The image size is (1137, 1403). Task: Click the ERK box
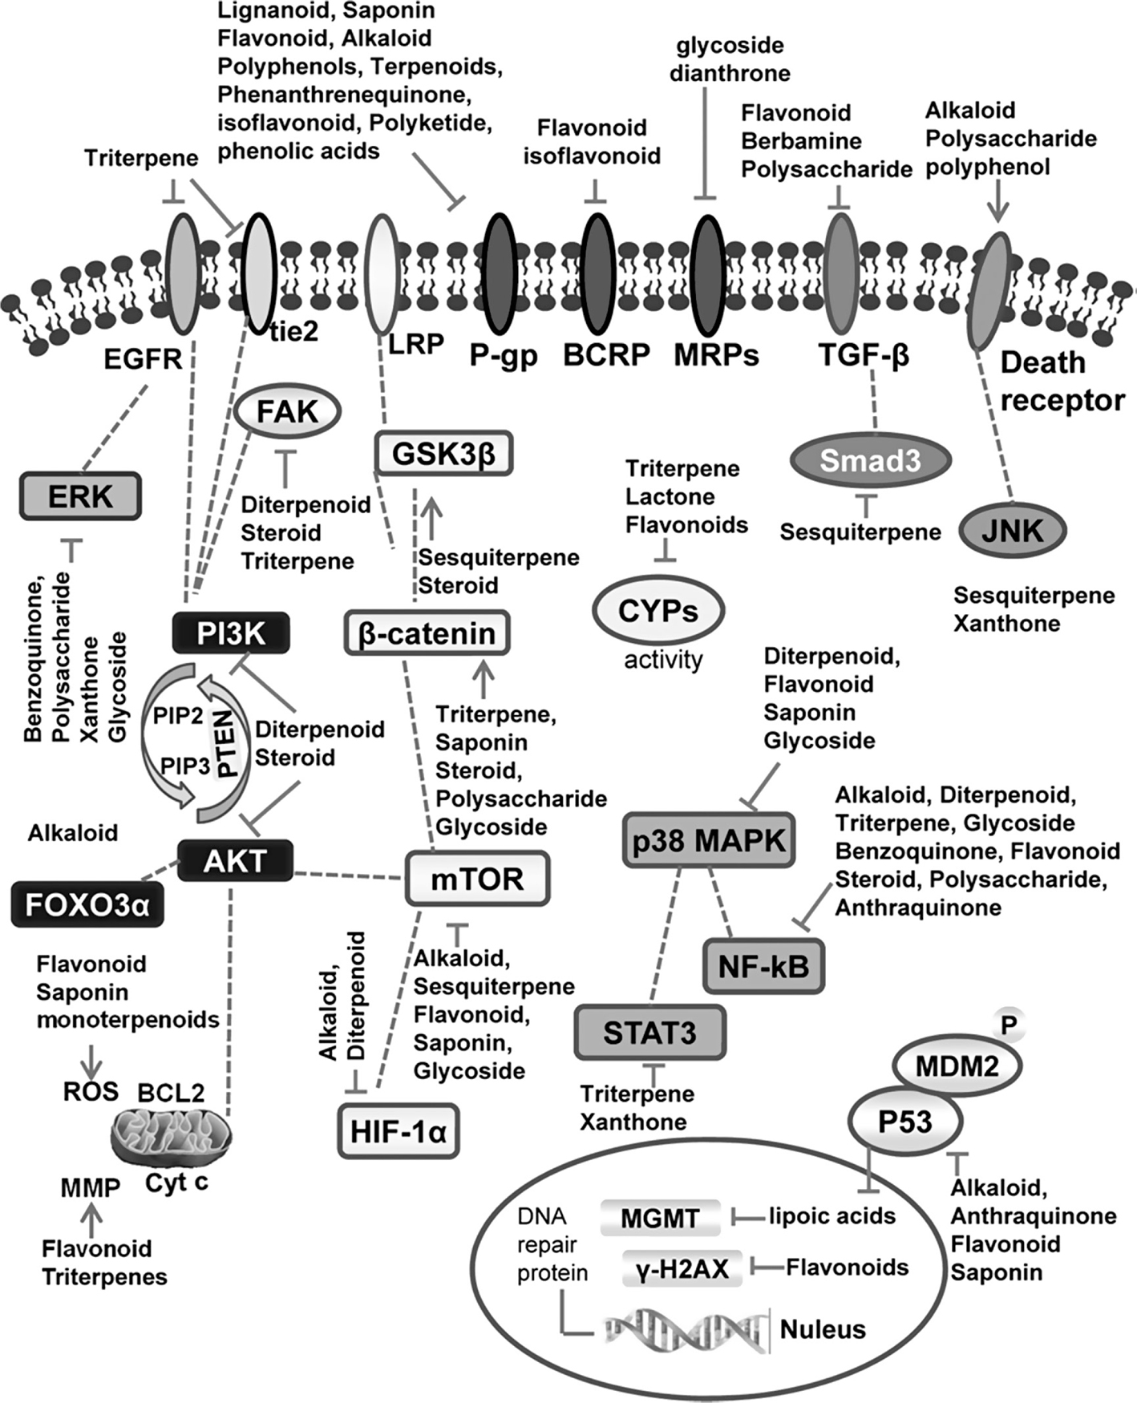[81, 496]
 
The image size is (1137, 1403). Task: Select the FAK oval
[288, 412]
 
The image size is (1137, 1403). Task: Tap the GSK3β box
[443, 454]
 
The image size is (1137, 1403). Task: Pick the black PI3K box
[231, 634]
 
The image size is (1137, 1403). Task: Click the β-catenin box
[427, 633]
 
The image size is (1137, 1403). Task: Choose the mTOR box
[477, 879]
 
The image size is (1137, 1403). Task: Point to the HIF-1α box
[399, 1131]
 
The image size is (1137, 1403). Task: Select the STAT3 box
[649, 1033]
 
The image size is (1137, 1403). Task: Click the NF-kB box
[763, 966]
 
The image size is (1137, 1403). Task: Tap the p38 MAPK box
[709, 841]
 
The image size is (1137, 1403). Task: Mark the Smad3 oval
[870, 461]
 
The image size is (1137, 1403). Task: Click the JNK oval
[1013, 530]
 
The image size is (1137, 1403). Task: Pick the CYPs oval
[658, 611]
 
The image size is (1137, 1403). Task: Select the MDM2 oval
[957, 1066]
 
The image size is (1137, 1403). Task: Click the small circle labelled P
[1008, 1024]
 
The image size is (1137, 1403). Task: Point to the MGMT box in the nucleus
[660, 1219]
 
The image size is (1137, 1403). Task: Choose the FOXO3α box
[87, 904]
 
